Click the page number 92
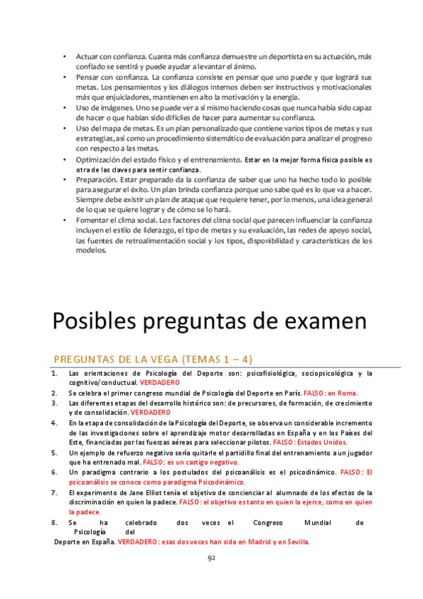[x=211, y=557]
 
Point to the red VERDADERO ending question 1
[x=160, y=382]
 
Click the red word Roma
[x=347, y=393]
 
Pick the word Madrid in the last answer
[x=253, y=542]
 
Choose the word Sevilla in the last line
[x=296, y=542]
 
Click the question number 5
[x=54, y=452]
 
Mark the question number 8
[x=54, y=523]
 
